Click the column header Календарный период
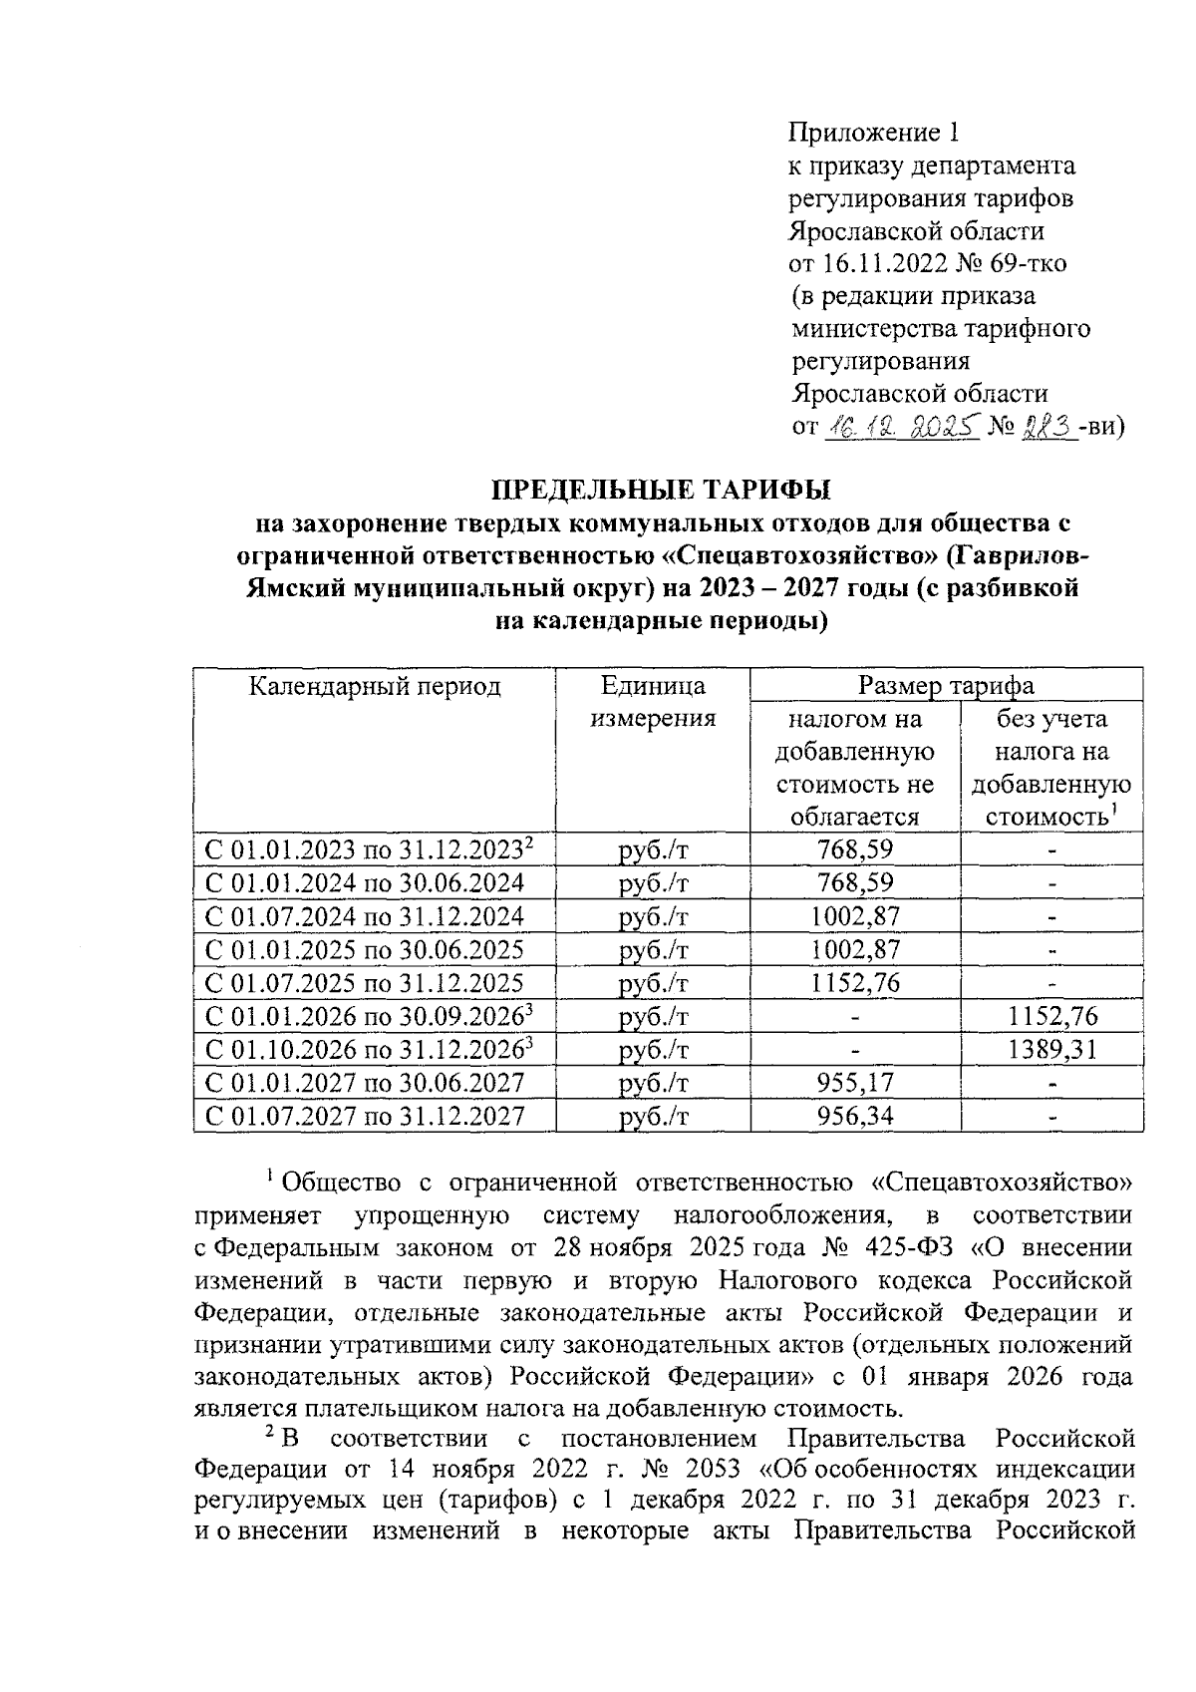(x=375, y=686)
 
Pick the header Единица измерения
(x=653, y=702)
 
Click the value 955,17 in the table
(x=854, y=1082)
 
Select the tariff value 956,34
(x=854, y=1115)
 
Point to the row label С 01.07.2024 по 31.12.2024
(x=365, y=916)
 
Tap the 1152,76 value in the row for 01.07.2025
(x=854, y=983)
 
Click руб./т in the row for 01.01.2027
(x=653, y=1082)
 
